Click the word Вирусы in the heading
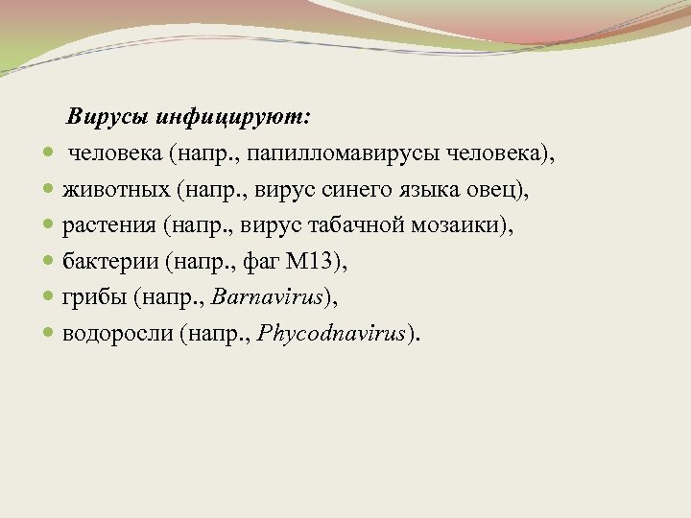pos(102,118)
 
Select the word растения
pos(108,225)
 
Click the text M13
pos(319,261)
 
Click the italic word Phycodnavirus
pos(329,332)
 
